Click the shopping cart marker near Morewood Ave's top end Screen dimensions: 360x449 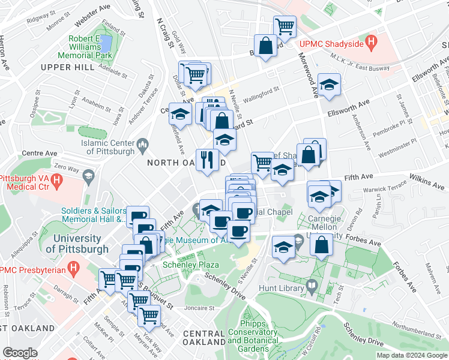coord(285,26)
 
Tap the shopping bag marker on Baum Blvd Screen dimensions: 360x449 coord(265,46)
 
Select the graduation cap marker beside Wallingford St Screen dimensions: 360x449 coord(329,85)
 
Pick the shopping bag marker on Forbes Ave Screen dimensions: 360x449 coord(322,244)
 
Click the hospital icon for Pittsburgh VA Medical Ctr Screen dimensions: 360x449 coord(56,179)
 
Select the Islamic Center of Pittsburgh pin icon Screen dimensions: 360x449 coord(143,143)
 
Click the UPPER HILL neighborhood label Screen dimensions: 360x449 coord(68,67)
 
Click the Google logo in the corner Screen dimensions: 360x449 coord(20,352)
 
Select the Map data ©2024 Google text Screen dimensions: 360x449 coord(411,355)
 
